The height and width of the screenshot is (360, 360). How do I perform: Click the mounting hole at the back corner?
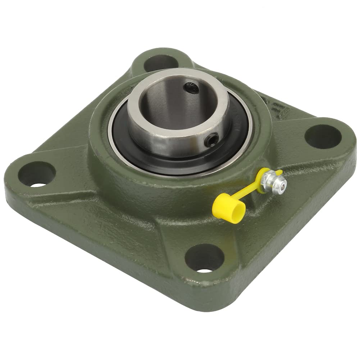click(161, 63)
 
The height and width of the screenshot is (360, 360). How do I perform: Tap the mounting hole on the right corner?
click(323, 136)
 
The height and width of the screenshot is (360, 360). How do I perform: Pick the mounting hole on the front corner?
click(204, 258)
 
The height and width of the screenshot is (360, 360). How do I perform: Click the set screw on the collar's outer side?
click(211, 139)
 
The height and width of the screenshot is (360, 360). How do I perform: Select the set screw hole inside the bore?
click(191, 87)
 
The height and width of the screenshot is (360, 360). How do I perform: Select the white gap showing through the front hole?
click(205, 270)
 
